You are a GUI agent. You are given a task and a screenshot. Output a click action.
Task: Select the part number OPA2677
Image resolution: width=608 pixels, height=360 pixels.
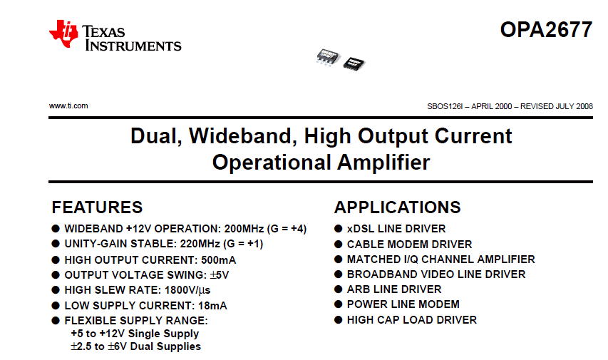click(546, 29)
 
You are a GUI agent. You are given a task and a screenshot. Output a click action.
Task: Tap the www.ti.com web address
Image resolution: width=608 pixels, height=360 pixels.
click(68, 106)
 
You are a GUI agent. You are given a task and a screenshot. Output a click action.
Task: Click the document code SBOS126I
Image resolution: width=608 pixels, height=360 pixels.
click(444, 106)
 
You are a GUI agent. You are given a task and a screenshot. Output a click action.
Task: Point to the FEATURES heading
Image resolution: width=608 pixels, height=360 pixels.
click(97, 207)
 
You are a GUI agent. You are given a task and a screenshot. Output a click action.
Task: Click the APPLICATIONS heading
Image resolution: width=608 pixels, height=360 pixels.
click(398, 207)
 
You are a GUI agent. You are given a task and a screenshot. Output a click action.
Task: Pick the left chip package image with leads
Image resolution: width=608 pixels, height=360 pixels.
click(328, 58)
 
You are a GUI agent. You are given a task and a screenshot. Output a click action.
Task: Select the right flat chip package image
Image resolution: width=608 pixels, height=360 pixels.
click(354, 63)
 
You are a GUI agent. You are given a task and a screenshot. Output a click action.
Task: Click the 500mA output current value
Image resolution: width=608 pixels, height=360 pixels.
click(218, 260)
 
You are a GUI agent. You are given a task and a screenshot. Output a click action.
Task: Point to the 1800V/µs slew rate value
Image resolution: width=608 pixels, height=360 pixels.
click(187, 290)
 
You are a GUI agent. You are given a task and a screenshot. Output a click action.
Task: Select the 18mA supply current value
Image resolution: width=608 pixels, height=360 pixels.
click(212, 306)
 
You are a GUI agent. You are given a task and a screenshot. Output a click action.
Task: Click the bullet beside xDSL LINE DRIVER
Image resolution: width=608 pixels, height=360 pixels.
click(338, 229)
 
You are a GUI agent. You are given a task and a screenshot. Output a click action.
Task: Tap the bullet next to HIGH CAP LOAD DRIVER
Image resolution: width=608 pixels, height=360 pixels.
click(338, 319)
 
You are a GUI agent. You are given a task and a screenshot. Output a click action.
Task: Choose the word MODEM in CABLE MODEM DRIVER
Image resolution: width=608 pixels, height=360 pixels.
click(407, 244)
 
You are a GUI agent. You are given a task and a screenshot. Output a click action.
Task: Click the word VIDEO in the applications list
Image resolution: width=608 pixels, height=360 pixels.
click(438, 274)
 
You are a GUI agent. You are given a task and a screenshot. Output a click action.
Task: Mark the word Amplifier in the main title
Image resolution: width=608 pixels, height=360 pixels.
click(383, 162)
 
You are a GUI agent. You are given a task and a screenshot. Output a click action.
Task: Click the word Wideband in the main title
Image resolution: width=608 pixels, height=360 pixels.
click(243, 136)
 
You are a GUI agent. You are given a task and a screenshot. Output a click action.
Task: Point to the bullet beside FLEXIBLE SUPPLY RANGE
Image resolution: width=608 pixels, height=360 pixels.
click(56, 320)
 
